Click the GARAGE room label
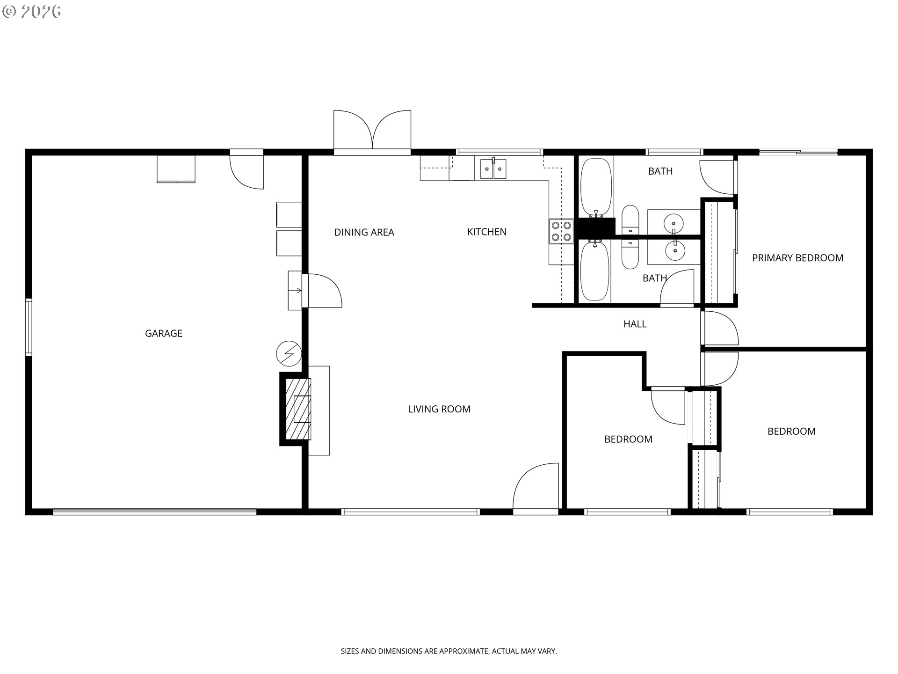pos(164,333)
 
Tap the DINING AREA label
pos(364,232)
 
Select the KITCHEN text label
pos(487,232)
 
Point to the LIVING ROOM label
pos(439,409)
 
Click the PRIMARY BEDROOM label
pos(797,258)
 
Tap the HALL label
pos(635,324)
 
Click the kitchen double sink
pos(493,169)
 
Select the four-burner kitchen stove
pos(561,231)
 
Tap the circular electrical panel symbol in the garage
pos(289,353)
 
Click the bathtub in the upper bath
pos(596,187)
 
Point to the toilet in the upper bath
pos(630,220)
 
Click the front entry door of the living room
pos(536,488)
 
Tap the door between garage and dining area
pos(322,291)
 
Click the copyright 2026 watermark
pos(32,12)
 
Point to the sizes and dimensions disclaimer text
pos(449,651)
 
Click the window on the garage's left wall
pos(29,327)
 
